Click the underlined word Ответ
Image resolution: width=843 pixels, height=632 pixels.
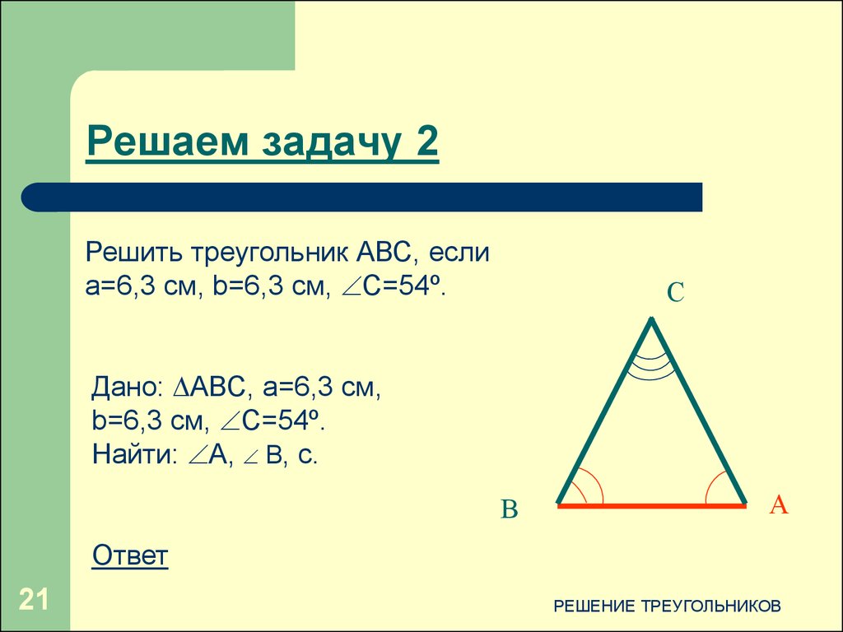tap(130, 555)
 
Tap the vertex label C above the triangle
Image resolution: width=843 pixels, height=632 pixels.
tap(675, 292)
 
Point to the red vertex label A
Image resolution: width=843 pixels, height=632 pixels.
tap(778, 504)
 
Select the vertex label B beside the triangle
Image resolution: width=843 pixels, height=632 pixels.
tap(510, 510)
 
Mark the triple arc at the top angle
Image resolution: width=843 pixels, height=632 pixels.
tap(651, 367)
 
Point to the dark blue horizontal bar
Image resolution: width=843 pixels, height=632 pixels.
tap(362, 197)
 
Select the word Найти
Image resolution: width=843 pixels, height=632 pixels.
tap(132, 453)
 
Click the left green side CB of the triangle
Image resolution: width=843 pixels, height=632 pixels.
tap(605, 411)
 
